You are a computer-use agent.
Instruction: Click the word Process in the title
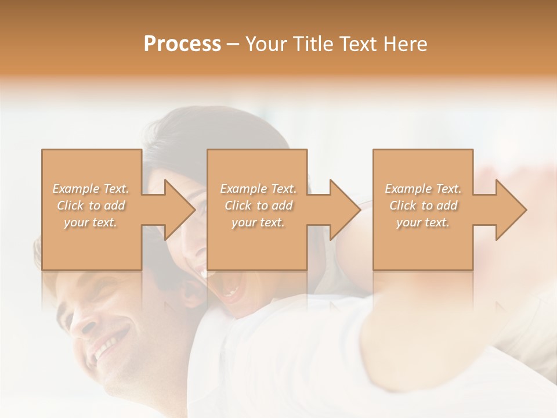point(182,44)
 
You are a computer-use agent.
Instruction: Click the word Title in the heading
point(313,44)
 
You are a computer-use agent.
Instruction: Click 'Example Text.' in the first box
point(91,189)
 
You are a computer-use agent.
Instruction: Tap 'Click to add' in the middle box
point(258,206)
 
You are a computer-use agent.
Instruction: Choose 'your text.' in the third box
point(423,222)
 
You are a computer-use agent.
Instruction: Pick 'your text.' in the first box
point(91,222)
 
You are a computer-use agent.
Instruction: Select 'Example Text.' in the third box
point(423,189)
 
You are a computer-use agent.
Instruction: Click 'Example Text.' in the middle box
point(258,189)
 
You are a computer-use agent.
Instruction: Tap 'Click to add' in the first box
point(91,206)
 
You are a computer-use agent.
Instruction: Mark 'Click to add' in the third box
point(423,206)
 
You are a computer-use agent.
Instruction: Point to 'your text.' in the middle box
point(258,222)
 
